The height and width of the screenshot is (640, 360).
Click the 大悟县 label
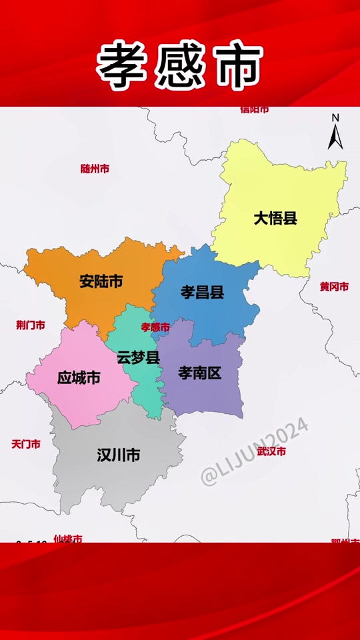275,218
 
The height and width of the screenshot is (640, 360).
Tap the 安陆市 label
101,281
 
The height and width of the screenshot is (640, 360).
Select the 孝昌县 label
202,292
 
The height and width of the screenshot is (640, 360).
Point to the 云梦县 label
138,357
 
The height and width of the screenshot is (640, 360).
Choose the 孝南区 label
199,373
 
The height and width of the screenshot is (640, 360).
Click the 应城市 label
79,378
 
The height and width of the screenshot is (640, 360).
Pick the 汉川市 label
118,455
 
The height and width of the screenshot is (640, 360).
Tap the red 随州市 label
95,169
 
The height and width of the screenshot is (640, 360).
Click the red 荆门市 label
31,325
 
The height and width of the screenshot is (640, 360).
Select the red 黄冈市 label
334,287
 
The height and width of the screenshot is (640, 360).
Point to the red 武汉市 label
271,451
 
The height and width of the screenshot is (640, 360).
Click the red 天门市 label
26,444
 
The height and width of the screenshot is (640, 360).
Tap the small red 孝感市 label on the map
155,327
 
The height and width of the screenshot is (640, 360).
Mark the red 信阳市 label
255,109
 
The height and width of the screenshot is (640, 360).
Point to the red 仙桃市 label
68,538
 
